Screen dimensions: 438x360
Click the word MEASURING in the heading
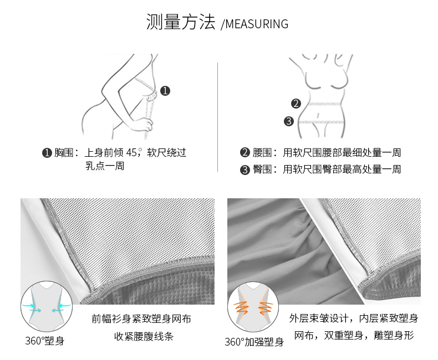point(257,24)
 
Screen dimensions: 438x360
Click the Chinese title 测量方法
point(181,22)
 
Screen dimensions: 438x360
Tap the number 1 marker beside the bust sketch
point(165,91)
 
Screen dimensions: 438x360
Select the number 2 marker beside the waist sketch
point(296,104)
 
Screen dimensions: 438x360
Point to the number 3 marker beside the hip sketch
point(289,121)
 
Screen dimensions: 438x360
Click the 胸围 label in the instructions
point(64,153)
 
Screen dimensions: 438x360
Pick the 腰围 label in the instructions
point(263,153)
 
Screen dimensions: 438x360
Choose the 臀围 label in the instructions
point(263,169)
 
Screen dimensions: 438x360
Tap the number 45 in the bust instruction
point(131,153)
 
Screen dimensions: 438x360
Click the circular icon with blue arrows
point(47,306)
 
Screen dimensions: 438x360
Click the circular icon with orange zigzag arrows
point(253,307)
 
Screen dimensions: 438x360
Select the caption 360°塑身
point(45,341)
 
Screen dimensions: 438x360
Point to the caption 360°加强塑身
point(254,342)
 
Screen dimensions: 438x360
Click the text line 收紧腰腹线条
point(144,336)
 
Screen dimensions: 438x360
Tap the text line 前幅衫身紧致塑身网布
point(141,318)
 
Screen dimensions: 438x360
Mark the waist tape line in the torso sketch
point(325,104)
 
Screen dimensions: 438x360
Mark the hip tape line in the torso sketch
point(321,122)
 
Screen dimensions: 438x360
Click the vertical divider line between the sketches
point(217,117)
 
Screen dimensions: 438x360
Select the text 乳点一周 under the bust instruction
point(105,166)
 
